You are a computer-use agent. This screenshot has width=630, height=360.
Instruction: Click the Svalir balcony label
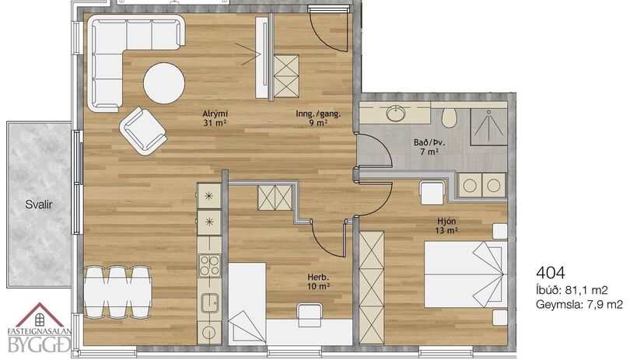pos(39,204)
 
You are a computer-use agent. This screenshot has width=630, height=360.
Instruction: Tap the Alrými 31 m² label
pos(215,118)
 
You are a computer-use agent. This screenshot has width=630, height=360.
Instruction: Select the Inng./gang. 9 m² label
pos(318,118)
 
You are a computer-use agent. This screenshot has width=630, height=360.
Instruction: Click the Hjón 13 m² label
pos(446,225)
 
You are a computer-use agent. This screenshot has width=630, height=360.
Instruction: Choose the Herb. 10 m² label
pos(319,281)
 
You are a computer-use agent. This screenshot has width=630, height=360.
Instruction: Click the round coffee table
pos(164,83)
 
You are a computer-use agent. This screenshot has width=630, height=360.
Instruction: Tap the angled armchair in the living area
pos(143,131)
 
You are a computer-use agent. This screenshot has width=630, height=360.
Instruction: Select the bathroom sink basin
pos(397,113)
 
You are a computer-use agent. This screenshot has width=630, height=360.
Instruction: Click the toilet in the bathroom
pos(450,116)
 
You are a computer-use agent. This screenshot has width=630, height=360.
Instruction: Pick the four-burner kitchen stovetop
pos(210,266)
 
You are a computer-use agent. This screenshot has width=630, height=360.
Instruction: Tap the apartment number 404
pos(551,273)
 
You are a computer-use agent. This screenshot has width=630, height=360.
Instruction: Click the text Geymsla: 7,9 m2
pos(579,305)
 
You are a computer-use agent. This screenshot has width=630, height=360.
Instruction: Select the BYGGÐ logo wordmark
pos(39,344)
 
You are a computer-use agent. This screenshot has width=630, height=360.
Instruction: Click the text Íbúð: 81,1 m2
pos(572,290)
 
